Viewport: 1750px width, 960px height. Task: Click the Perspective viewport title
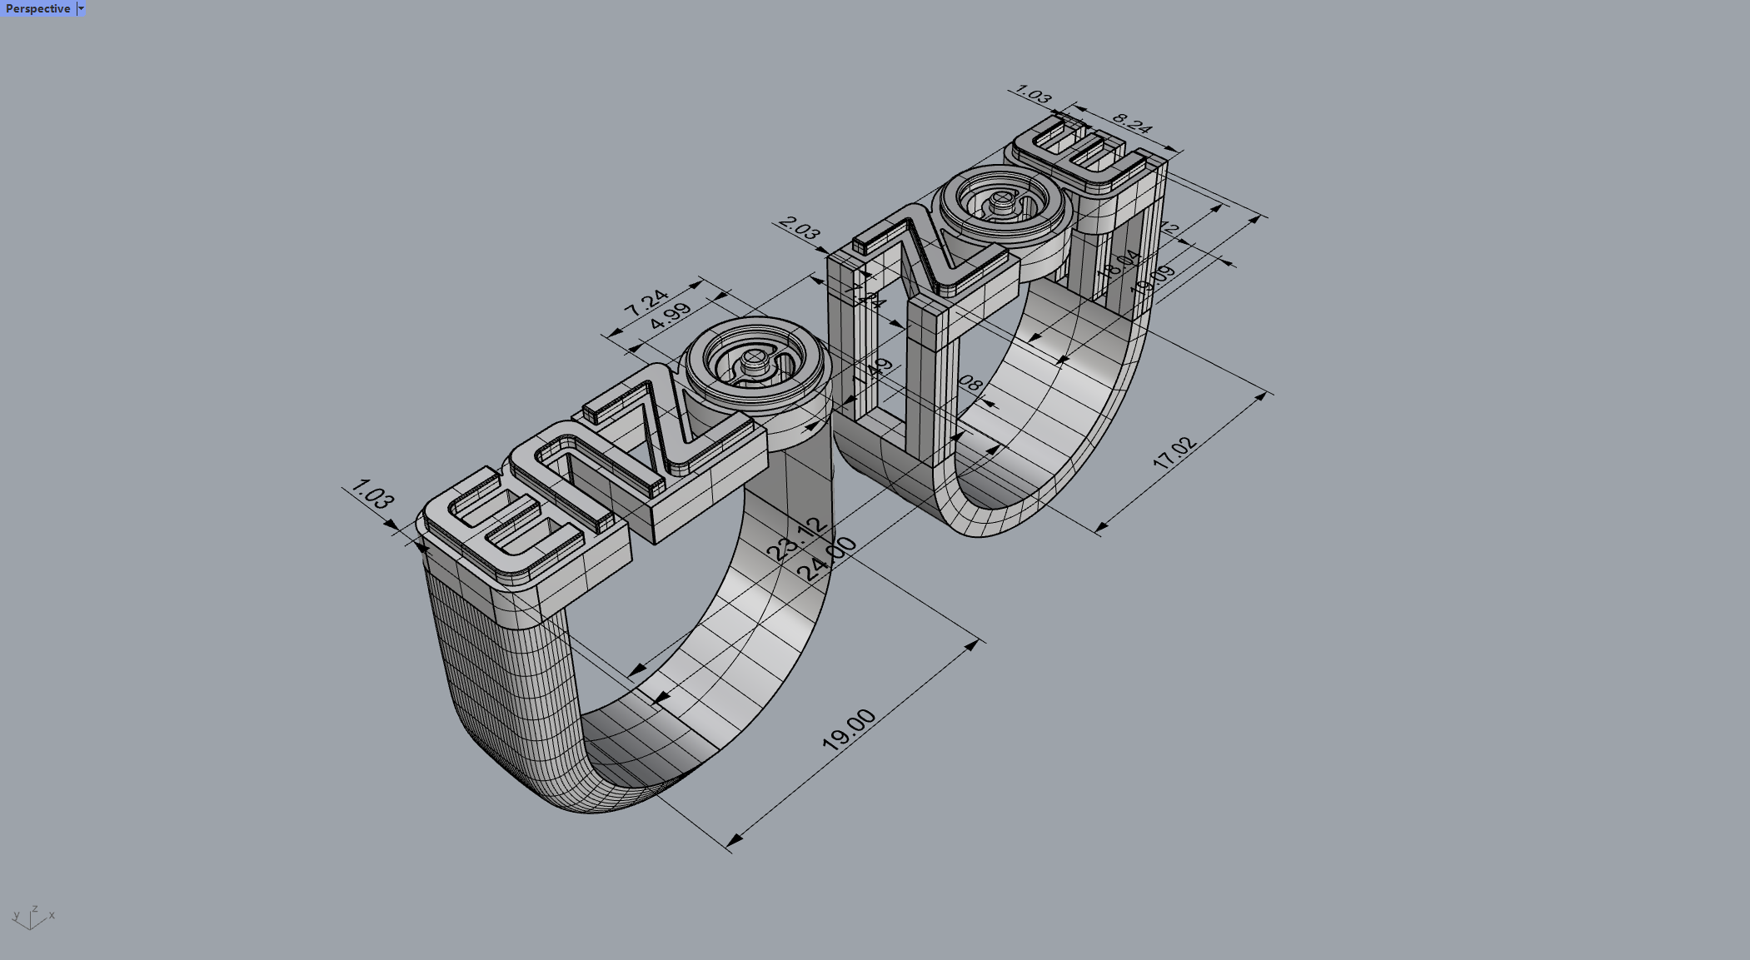click(x=37, y=8)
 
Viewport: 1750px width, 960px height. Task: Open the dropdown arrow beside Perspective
click(x=81, y=8)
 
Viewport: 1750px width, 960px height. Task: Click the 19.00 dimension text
click(x=849, y=729)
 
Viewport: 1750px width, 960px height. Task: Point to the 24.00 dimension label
click(x=827, y=559)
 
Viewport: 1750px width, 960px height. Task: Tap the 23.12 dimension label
click(x=798, y=538)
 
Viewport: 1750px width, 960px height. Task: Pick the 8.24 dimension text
click(x=1131, y=122)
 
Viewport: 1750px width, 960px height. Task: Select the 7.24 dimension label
click(x=646, y=301)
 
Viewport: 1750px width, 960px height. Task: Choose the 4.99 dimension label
click(x=670, y=316)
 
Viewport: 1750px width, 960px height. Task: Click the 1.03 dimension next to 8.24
click(x=1034, y=94)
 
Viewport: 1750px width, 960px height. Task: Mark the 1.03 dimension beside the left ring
click(x=372, y=494)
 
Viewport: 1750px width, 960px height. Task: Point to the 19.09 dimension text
click(x=1154, y=278)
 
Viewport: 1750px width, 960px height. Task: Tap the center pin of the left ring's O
click(x=754, y=360)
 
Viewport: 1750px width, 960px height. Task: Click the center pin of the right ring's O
click(x=1004, y=200)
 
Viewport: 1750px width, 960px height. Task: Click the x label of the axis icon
click(x=52, y=915)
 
